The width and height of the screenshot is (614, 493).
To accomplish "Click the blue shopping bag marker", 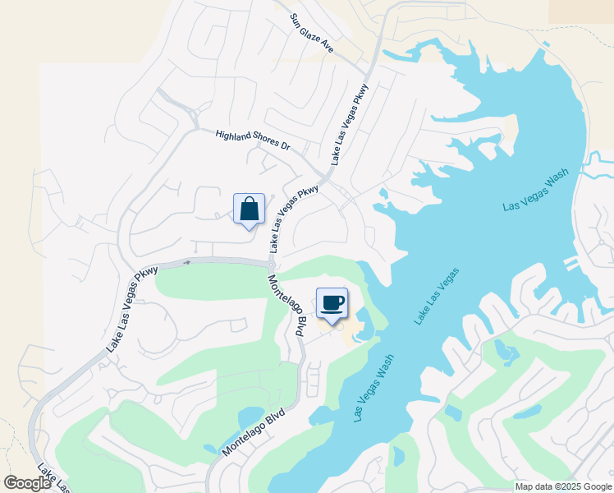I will coord(249,210).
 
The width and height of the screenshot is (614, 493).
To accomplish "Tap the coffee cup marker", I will coord(332,303).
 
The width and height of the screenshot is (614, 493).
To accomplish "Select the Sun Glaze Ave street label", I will coord(311,34).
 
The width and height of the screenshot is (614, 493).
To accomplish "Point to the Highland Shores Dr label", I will coord(253,140).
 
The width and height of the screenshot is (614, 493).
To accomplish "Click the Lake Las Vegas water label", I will coord(437,296).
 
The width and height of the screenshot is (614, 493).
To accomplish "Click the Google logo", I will coord(28,483).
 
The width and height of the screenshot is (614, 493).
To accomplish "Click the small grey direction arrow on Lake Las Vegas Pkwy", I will coord(187,262).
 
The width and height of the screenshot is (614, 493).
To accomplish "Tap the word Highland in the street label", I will coord(233,136).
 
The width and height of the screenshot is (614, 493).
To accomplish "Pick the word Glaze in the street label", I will coord(313,35).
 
